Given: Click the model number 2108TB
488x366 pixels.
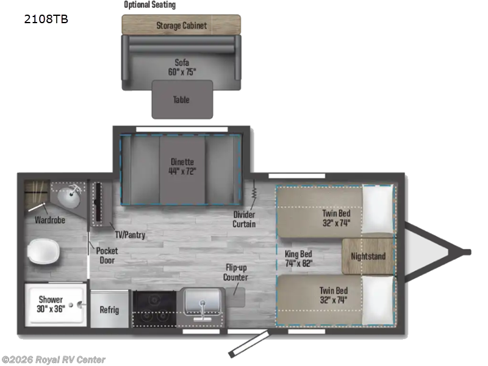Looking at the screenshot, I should pos(46,19).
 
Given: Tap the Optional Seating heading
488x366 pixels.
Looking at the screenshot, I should pos(149,5).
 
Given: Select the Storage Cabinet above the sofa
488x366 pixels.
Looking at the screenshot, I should pos(181,25).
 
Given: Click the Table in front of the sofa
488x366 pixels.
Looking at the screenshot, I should pos(182,99).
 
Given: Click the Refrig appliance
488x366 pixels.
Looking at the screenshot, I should pos(109,309).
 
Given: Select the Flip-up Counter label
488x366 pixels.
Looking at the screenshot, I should pos(235,273).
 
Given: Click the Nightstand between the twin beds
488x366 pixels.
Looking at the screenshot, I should pos(368,256).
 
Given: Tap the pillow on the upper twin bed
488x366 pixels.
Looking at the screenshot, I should pos(379,209).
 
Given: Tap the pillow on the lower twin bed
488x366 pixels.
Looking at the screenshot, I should pos(378,301).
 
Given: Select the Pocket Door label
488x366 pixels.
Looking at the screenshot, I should pos(107,255).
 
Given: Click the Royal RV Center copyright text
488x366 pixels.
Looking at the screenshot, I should pos(54,360).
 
